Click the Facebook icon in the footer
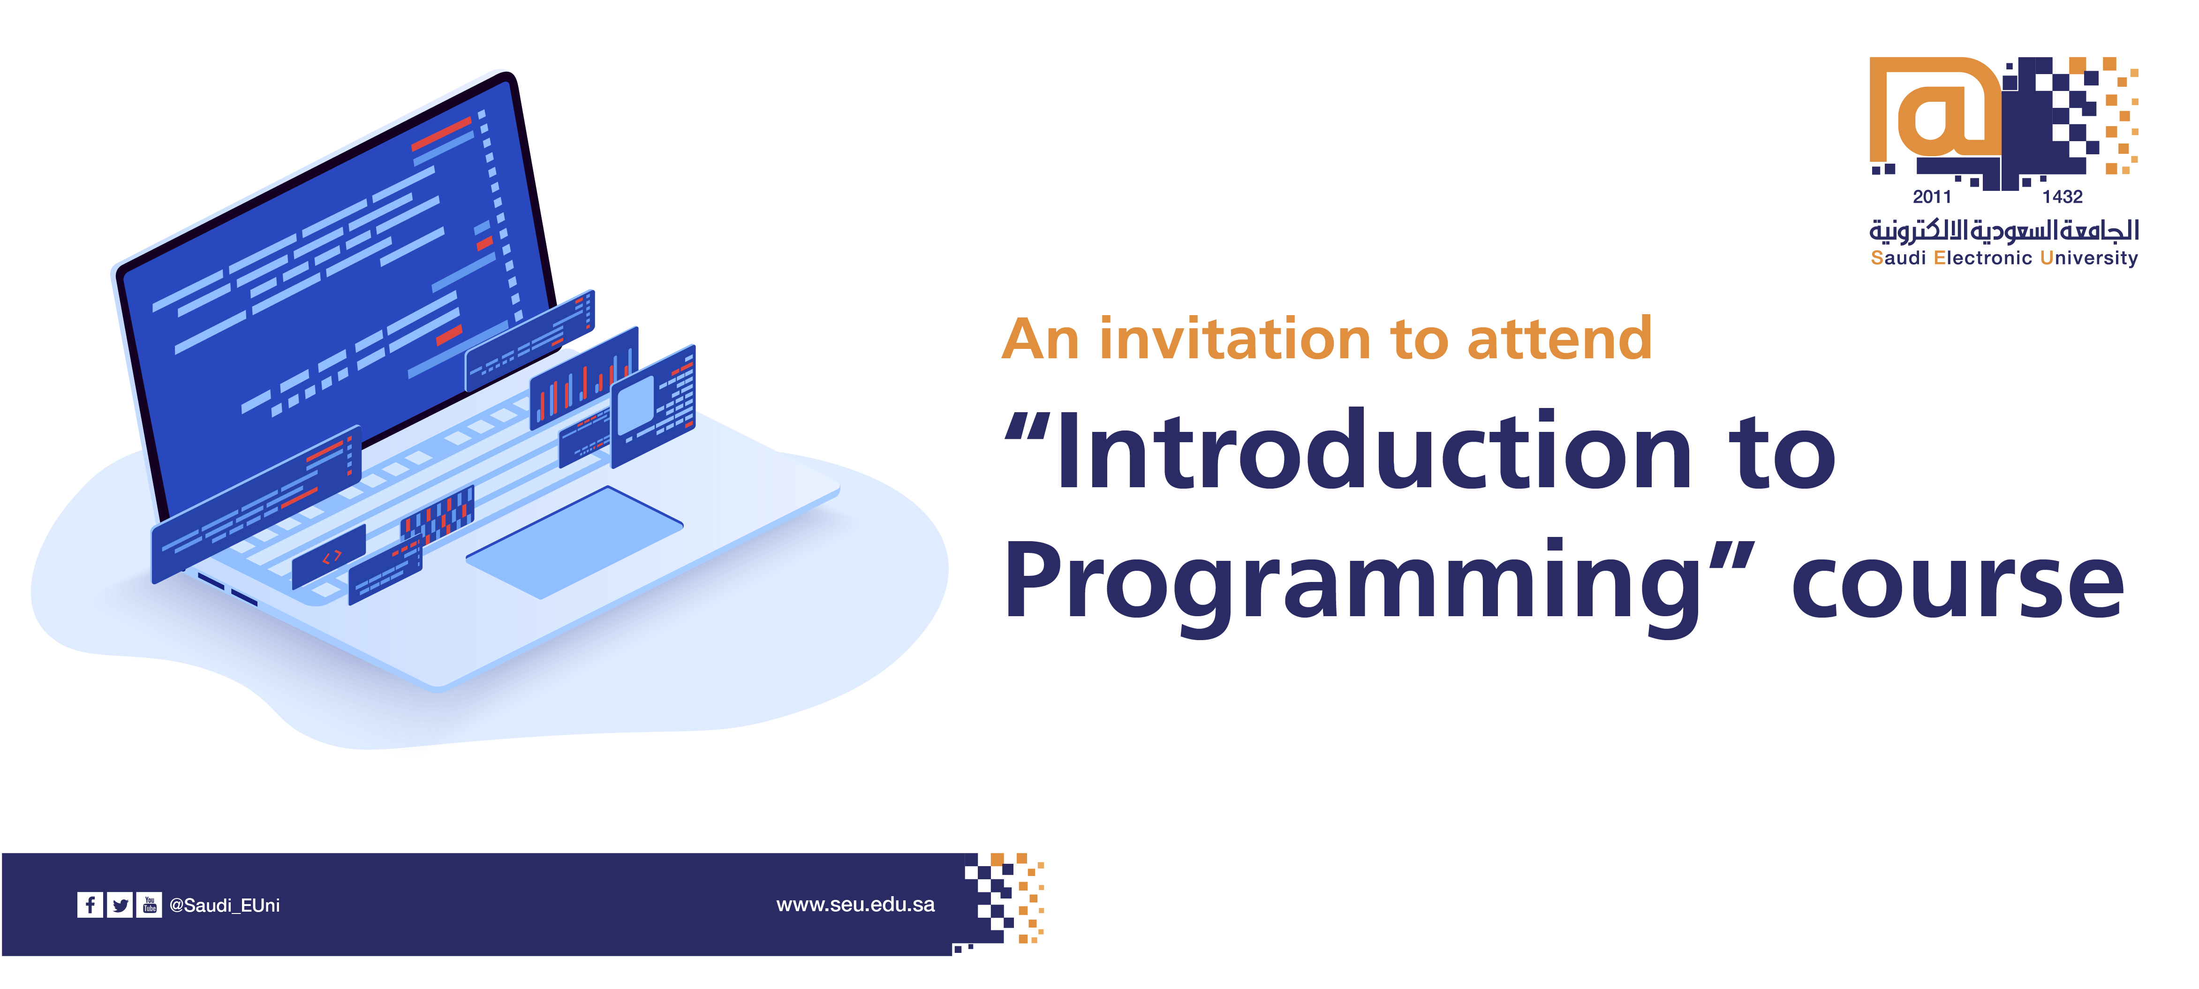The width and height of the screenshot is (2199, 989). point(90,905)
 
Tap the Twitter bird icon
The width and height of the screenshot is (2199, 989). point(121,905)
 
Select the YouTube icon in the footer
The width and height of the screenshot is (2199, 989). point(150,905)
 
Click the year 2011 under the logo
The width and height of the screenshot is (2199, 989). point(1932,197)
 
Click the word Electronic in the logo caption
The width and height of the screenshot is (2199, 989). point(1982,258)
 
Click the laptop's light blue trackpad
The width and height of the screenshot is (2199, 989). point(574,541)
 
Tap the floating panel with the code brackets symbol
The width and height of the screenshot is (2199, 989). point(330,556)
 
